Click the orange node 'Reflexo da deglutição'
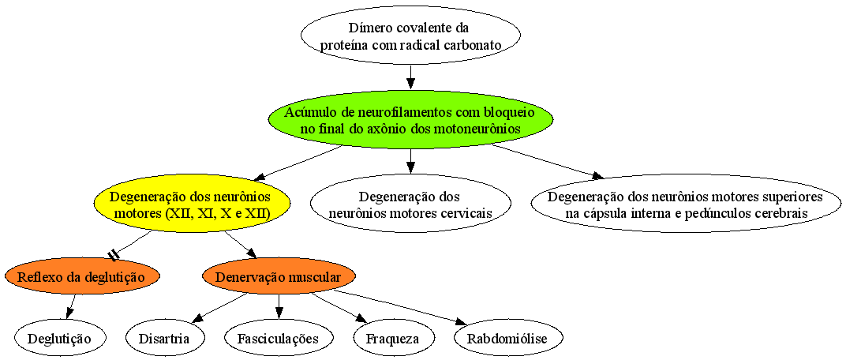click(82, 277)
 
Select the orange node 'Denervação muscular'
click(279, 277)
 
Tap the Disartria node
click(165, 339)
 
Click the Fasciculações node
click(279, 339)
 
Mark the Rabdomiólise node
click(508, 339)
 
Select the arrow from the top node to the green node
click(410, 75)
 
